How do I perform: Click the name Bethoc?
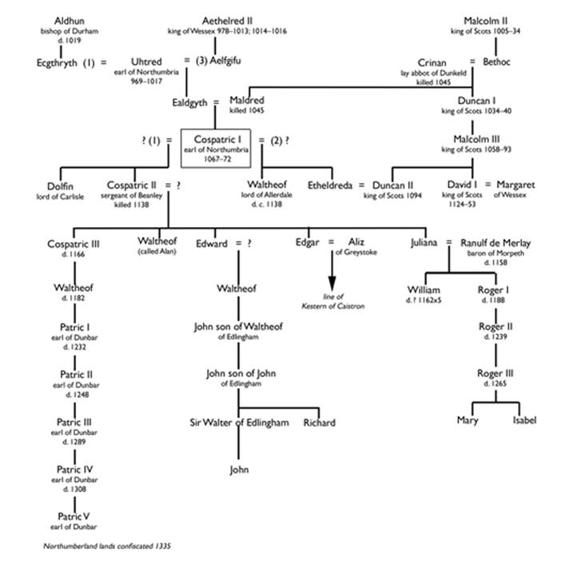tap(503, 62)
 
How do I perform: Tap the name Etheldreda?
tap(332, 186)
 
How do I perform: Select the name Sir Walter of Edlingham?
tap(239, 422)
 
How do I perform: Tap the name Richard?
tap(320, 422)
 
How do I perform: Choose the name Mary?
tap(467, 420)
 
